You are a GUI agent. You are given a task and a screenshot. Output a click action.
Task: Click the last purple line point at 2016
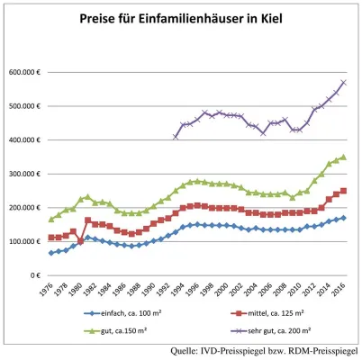pos(344,83)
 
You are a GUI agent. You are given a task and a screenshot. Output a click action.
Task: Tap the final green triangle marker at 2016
pos(344,157)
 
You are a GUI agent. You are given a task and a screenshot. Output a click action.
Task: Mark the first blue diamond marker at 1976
pos(50,253)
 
